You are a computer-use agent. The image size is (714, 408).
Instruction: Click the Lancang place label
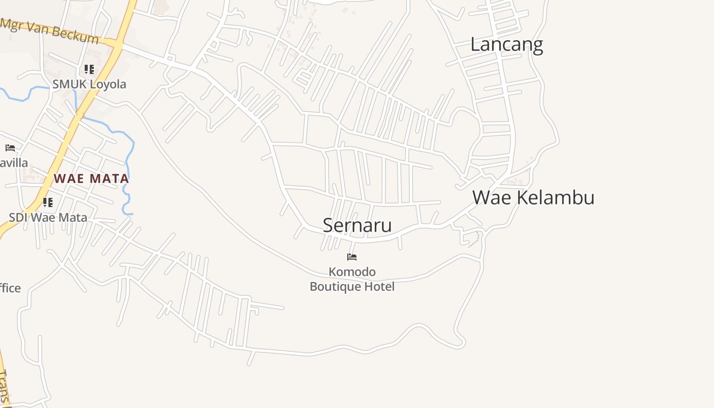coord(506,44)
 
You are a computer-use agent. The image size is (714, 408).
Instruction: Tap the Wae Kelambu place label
coord(533,197)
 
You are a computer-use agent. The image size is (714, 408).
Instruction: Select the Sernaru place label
coord(357,225)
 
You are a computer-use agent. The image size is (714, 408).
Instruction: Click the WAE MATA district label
coord(91,178)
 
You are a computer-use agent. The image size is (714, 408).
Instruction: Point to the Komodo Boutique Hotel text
coord(352,279)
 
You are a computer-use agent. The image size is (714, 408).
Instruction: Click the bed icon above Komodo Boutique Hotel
coord(352,257)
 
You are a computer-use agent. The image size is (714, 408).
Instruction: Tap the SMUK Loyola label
coord(89,84)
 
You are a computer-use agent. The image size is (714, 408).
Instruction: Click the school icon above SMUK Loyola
coord(89,69)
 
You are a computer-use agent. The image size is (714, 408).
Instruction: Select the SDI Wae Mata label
coord(48,218)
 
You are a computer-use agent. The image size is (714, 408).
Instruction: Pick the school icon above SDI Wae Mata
coord(48,202)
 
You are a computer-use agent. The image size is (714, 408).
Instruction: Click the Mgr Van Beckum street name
coord(49,31)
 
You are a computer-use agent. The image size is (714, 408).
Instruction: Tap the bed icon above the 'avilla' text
coord(10,148)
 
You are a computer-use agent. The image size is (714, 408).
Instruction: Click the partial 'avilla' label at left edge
coord(14,163)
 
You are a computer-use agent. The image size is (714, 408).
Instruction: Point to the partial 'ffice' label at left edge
coord(10,288)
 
